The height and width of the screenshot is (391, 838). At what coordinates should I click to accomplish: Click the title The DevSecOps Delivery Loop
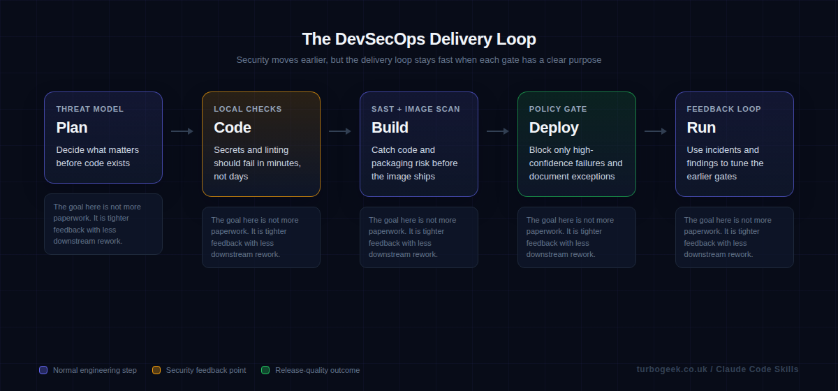tap(419, 39)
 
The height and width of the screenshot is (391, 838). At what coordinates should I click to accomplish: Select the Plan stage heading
tap(72, 128)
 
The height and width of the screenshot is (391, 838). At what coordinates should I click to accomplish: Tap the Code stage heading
tap(233, 128)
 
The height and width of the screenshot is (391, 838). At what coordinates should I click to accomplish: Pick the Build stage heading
tap(390, 128)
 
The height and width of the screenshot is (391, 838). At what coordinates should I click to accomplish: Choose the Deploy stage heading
tap(554, 128)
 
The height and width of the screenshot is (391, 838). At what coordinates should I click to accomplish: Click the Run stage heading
tap(701, 128)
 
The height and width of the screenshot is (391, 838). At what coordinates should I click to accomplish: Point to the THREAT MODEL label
tap(90, 109)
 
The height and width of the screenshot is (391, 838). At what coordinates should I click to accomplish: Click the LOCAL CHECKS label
tap(248, 109)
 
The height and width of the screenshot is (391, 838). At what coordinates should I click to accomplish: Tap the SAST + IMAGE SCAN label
tap(416, 109)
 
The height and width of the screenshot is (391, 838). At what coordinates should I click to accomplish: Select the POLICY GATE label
tap(558, 109)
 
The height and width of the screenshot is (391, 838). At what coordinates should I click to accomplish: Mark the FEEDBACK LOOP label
tap(723, 109)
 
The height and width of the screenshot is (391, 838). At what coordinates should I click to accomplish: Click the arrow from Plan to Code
tap(182, 131)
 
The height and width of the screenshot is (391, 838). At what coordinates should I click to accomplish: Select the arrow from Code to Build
tap(340, 131)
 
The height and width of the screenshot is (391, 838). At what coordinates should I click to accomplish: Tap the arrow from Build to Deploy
tap(498, 131)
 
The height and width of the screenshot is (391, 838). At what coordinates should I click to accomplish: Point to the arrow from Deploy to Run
tap(656, 131)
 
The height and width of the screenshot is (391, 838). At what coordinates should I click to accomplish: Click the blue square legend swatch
tap(43, 370)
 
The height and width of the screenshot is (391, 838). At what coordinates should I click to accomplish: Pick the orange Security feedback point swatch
tap(156, 370)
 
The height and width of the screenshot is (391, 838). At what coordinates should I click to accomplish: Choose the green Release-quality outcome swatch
tap(265, 370)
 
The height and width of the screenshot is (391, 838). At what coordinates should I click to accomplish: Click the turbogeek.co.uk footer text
tap(717, 369)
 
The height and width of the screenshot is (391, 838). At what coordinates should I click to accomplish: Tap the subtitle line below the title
tap(419, 60)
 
